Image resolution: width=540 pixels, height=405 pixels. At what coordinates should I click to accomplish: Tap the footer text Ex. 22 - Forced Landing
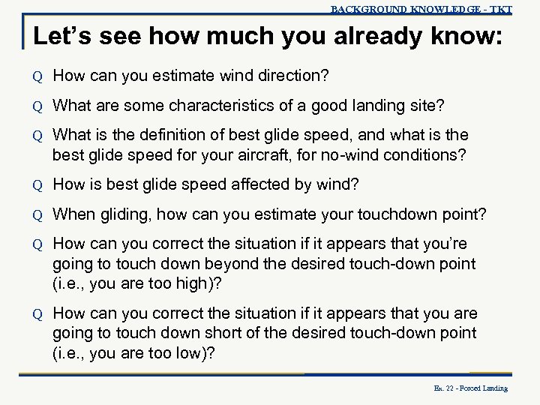[471, 388]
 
